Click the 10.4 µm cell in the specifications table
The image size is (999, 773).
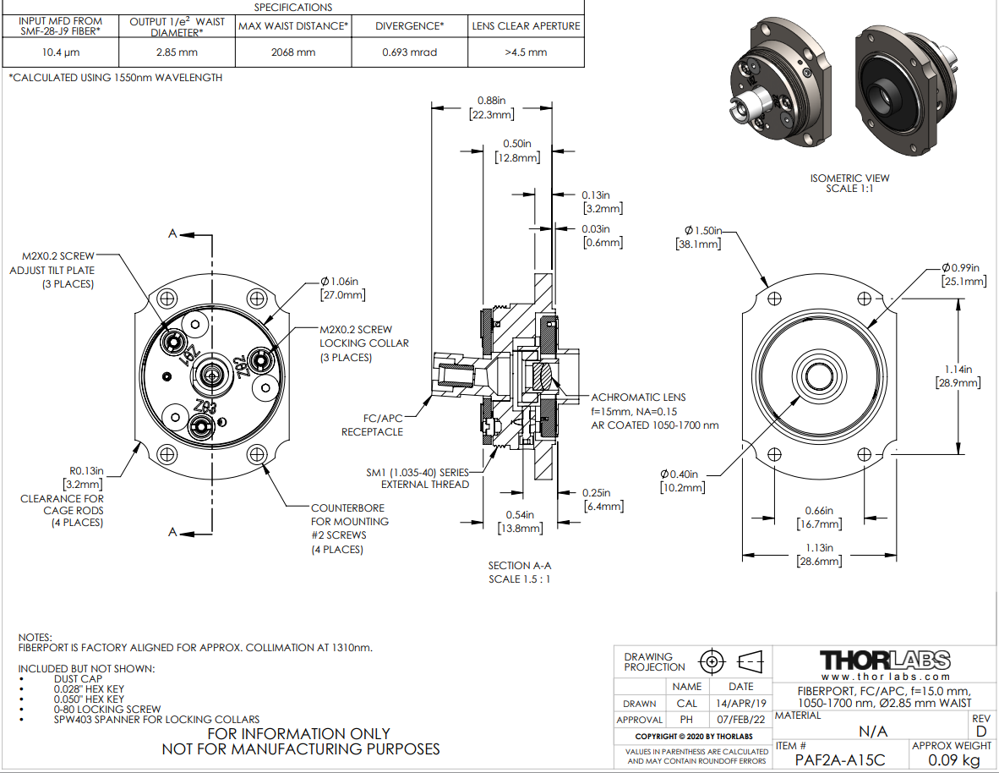click(61, 52)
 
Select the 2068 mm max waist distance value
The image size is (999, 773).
click(293, 52)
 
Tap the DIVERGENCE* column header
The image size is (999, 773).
click(409, 26)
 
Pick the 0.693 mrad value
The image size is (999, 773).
click(409, 52)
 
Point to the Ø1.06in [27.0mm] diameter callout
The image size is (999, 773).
click(342, 288)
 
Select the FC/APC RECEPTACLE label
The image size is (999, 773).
click(372, 425)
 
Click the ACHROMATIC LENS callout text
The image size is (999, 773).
click(638, 397)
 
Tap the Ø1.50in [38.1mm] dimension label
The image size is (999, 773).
click(703, 237)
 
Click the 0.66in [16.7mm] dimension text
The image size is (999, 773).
click(818, 518)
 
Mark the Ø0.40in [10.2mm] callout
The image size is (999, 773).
click(682, 480)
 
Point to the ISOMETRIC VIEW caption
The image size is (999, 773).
click(849, 183)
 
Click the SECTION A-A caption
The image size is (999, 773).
click(519, 573)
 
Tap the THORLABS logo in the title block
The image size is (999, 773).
click(885, 661)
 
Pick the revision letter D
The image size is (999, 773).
click(981, 731)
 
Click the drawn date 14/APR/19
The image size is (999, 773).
click(740, 704)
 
